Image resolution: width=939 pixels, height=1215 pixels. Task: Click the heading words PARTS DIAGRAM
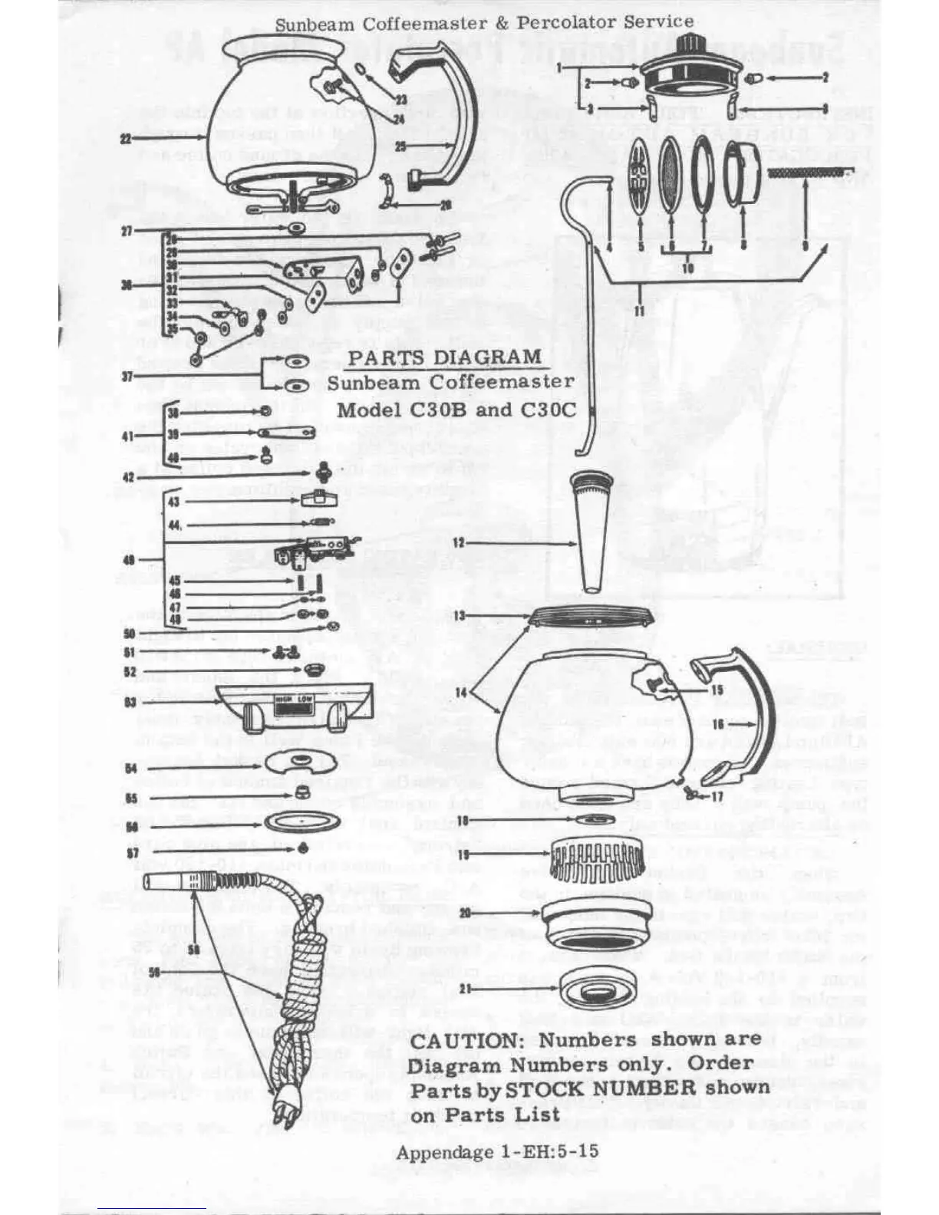pyautogui.click(x=445, y=357)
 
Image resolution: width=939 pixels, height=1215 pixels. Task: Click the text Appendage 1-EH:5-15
pyautogui.click(x=497, y=1151)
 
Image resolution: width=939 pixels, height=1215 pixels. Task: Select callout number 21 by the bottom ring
pyautogui.click(x=465, y=988)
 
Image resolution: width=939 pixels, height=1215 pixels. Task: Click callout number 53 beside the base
pyautogui.click(x=130, y=701)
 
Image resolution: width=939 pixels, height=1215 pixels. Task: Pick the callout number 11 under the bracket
pyautogui.click(x=638, y=310)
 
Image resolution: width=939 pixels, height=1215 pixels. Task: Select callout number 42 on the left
pyautogui.click(x=130, y=477)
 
